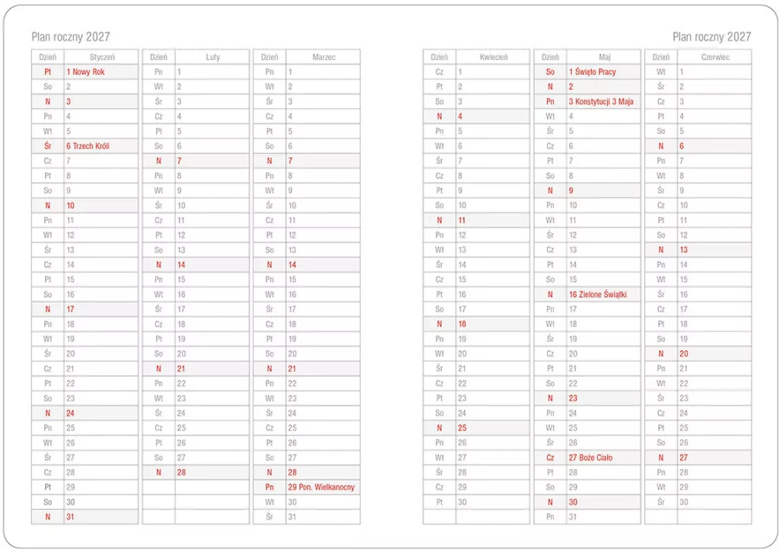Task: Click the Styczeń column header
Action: [x=101, y=57]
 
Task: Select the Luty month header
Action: [x=213, y=57]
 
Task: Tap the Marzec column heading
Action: [x=323, y=57]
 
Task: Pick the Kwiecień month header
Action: [x=493, y=57]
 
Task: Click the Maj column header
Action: [x=605, y=57]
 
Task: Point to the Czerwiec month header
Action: [x=714, y=57]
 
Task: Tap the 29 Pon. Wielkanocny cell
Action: [x=320, y=487]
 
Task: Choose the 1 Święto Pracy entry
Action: [x=592, y=72]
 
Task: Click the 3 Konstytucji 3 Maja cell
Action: [x=601, y=101]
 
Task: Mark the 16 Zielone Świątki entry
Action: [x=597, y=294]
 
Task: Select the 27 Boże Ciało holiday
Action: [x=590, y=458]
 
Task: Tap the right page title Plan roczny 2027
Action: [x=711, y=37]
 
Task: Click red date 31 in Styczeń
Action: [x=70, y=517]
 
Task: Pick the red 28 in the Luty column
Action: [x=181, y=472]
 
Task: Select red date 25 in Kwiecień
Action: [x=462, y=428]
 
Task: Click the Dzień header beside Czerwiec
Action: [x=661, y=57]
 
